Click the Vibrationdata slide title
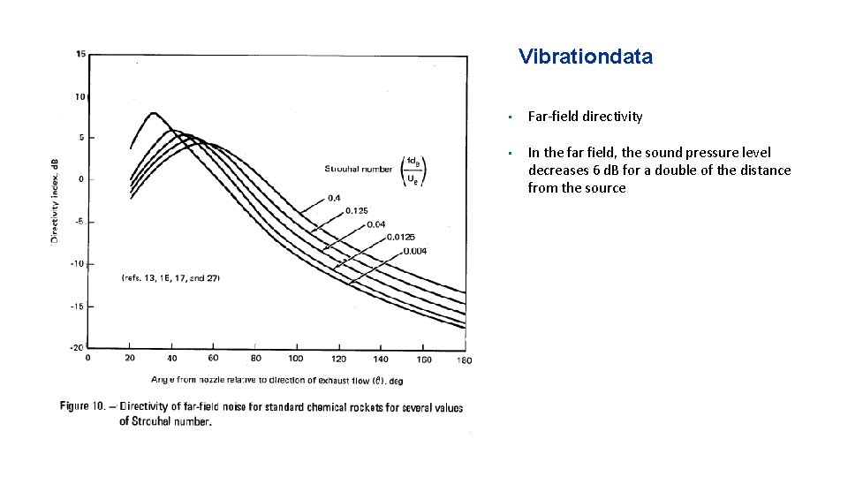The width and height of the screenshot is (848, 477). point(586,57)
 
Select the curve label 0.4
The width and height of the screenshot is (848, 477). point(335,198)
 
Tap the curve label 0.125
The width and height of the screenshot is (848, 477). point(356,210)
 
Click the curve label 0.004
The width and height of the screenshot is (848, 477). point(414,251)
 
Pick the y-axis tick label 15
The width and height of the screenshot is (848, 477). point(80,54)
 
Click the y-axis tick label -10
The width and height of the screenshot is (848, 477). point(79,263)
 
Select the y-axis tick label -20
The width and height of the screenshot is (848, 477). point(79,347)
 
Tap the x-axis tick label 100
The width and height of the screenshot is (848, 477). point(296,359)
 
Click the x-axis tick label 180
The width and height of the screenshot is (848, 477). point(465,360)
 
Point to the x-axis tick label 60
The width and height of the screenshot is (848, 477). point(213,359)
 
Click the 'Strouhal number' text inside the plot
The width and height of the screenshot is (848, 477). point(359,168)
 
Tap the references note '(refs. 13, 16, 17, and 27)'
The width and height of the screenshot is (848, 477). point(170,277)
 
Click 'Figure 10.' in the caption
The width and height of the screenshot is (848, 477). point(87,406)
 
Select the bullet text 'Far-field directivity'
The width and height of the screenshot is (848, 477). point(585,117)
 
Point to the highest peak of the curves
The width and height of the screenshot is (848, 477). point(154,113)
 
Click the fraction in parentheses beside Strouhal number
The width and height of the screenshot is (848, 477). point(413,170)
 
